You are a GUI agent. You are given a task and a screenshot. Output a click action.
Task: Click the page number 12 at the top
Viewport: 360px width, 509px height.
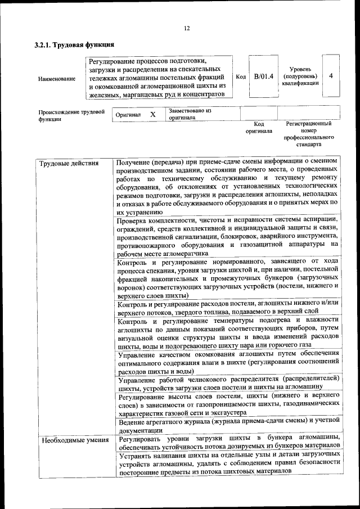(x=187, y=29)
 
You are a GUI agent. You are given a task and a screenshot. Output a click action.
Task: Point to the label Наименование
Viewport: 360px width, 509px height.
(x=57, y=79)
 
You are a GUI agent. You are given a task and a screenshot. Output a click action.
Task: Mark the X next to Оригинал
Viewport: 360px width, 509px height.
(x=152, y=114)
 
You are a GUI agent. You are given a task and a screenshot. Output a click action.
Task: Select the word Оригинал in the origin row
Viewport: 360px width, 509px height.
(x=128, y=115)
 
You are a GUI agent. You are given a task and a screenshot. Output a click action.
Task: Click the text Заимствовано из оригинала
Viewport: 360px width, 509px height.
(x=189, y=114)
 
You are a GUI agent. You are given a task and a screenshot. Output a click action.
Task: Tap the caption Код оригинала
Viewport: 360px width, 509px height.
(x=259, y=127)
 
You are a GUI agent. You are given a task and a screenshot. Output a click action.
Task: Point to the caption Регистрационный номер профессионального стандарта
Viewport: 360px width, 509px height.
(x=309, y=134)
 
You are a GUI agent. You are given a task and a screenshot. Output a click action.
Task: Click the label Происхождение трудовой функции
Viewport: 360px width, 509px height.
(x=71, y=115)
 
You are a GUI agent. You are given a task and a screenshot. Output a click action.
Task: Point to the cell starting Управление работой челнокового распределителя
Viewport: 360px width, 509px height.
(x=228, y=382)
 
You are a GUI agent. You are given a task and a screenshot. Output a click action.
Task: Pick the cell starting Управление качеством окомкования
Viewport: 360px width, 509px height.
(x=228, y=362)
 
